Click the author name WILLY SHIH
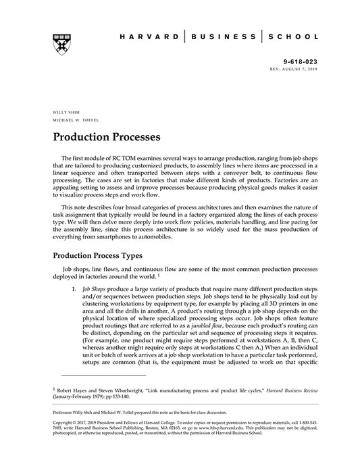tap(64, 111)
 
